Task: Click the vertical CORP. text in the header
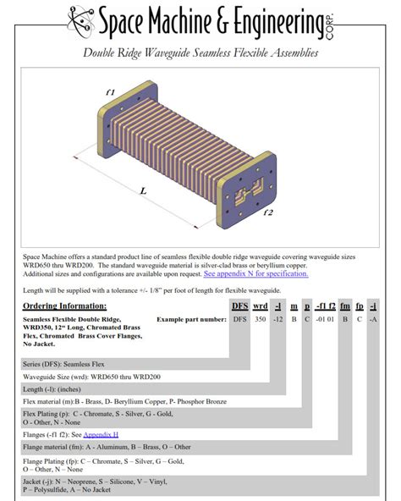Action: coord(329,21)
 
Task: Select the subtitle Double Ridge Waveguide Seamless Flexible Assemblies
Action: coord(200,53)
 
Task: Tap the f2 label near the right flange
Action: coord(269,212)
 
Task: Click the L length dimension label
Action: coord(143,191)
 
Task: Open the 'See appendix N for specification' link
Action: coord(255,273)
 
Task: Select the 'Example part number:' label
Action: coord(191,319)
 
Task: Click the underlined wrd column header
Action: coord(261,306)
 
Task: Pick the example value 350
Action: coord(261,319)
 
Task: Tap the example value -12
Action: coord(278,319)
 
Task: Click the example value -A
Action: coord(373,319)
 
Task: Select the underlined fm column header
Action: coord(344,306)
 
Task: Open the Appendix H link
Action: coord(101,434)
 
